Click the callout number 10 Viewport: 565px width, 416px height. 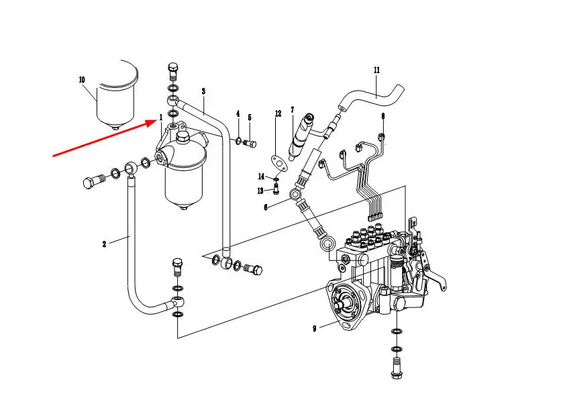[x=82, y=80]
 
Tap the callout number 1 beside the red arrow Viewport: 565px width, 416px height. [x=160, y=117]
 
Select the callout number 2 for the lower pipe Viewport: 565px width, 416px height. [x=104, y=244]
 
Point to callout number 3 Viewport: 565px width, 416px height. [x=203, y=91]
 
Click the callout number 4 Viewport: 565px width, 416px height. [x=238, y=114]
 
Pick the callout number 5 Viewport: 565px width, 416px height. [x=250, y=117]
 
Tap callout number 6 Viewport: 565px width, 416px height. [x=266, y=207]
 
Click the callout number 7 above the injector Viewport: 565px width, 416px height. [x=292, y=110]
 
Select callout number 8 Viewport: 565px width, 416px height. [x=382, y=116]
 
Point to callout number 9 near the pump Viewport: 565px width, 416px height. [x=314, y=329]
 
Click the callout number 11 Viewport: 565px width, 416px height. [x=376, y=70]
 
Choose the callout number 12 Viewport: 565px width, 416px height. [x=278, y=114]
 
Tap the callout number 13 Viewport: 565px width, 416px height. [x=260, y=191]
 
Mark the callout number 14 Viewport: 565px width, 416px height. [x=261, y=176]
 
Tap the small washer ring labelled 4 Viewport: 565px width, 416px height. [x=239, y=140]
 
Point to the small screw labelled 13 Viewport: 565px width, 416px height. [x=276, y=189]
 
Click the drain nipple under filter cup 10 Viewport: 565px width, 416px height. [x=115, y=127]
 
